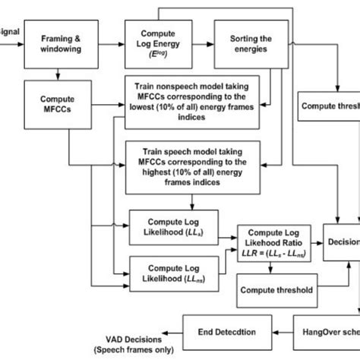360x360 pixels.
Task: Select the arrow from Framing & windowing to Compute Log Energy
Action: [x=109, y=42]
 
